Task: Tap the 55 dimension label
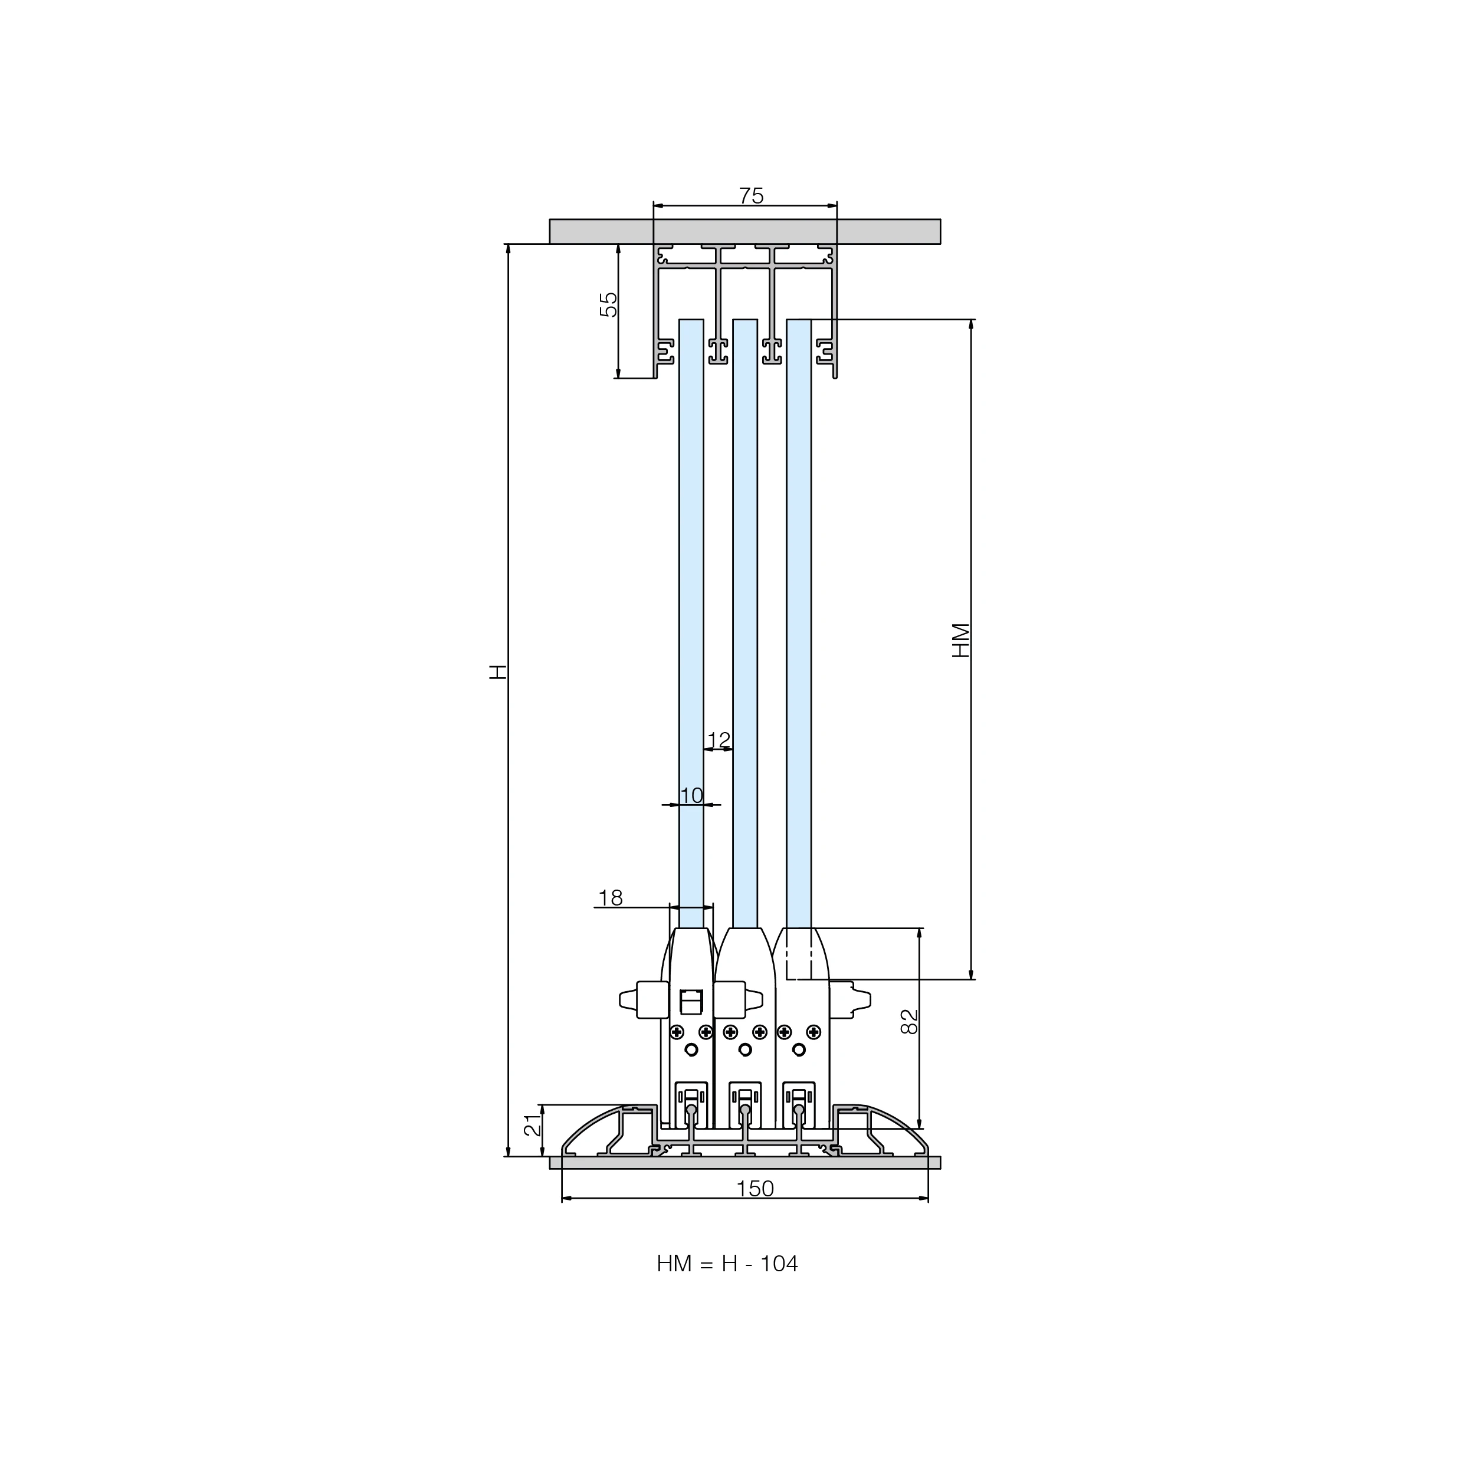click(609, 304)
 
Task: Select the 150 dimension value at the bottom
click(755, 1189)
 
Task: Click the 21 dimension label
click(533, 1124)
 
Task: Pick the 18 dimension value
click(611, 898)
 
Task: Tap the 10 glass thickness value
click(691, 796)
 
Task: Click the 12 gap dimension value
click(719, 740)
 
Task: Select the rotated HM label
click(960, 640)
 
